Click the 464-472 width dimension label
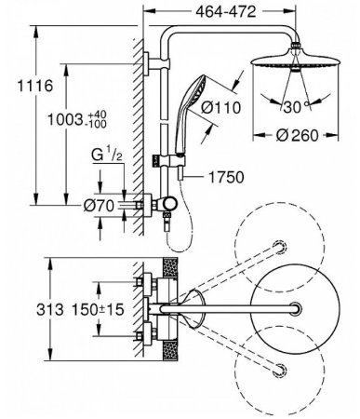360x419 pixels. click(226, 11)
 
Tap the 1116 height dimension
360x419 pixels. click(34, 86)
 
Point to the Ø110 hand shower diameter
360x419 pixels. click(220, 107)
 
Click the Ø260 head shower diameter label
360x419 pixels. click(297, 135)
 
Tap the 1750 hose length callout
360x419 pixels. click(226, 177)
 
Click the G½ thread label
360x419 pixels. click(107, 155)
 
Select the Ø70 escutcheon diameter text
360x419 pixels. click(99, 206)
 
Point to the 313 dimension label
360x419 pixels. click(50, 309)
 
